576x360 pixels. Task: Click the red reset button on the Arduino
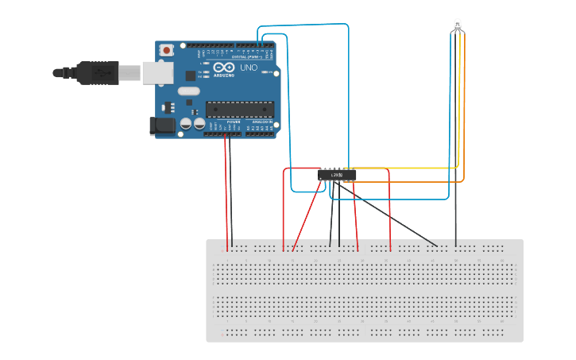point(167,50)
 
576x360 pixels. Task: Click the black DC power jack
point(162,126)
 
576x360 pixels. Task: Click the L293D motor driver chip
point(337,175)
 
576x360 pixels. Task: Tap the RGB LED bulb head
point(457,25)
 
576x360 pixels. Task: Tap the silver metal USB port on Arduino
point(157,72)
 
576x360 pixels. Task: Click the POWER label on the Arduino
point(234,122)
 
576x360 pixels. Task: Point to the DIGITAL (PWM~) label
point(242,57)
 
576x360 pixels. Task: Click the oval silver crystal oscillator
point(188,91)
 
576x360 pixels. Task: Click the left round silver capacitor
point(185,124)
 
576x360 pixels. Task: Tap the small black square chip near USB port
point(190,75)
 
